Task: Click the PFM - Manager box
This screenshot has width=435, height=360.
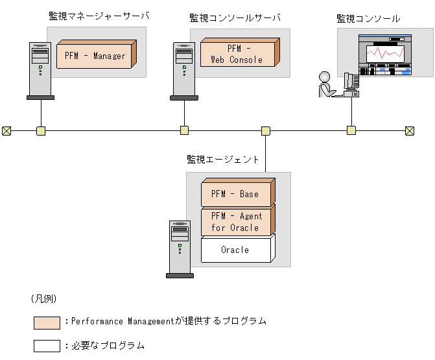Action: (x=95, y=56)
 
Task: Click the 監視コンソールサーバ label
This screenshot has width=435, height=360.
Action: (x=235, y=18)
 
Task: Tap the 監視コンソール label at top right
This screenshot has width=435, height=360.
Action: (x=368, y=19)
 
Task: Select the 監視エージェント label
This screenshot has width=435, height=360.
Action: (x=223, y=159)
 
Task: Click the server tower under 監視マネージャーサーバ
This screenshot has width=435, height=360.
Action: (x=40, y=69)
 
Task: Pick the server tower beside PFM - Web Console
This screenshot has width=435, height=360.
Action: (x=184, y=69)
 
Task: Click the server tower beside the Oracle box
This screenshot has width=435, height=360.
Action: (x=180, y=248)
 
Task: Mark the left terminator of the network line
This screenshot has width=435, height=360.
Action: (x=6, y=130)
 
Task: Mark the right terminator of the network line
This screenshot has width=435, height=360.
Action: (x=410, y=130)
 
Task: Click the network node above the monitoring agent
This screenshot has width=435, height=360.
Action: (x=266, y=130)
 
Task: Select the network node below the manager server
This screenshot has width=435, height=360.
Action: (x=41, y=130)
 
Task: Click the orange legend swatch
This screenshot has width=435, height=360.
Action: (x=47, y=322)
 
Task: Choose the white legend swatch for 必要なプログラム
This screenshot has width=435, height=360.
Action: (x=47, y=346)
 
